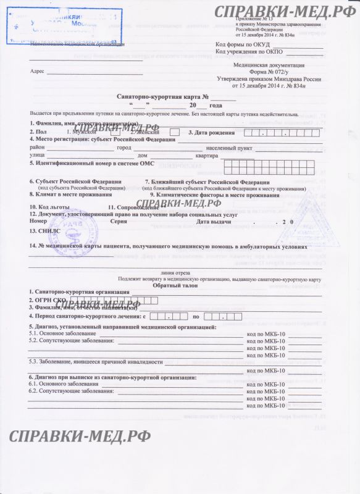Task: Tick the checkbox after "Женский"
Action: pyautogui.click(x=175, y=133)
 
